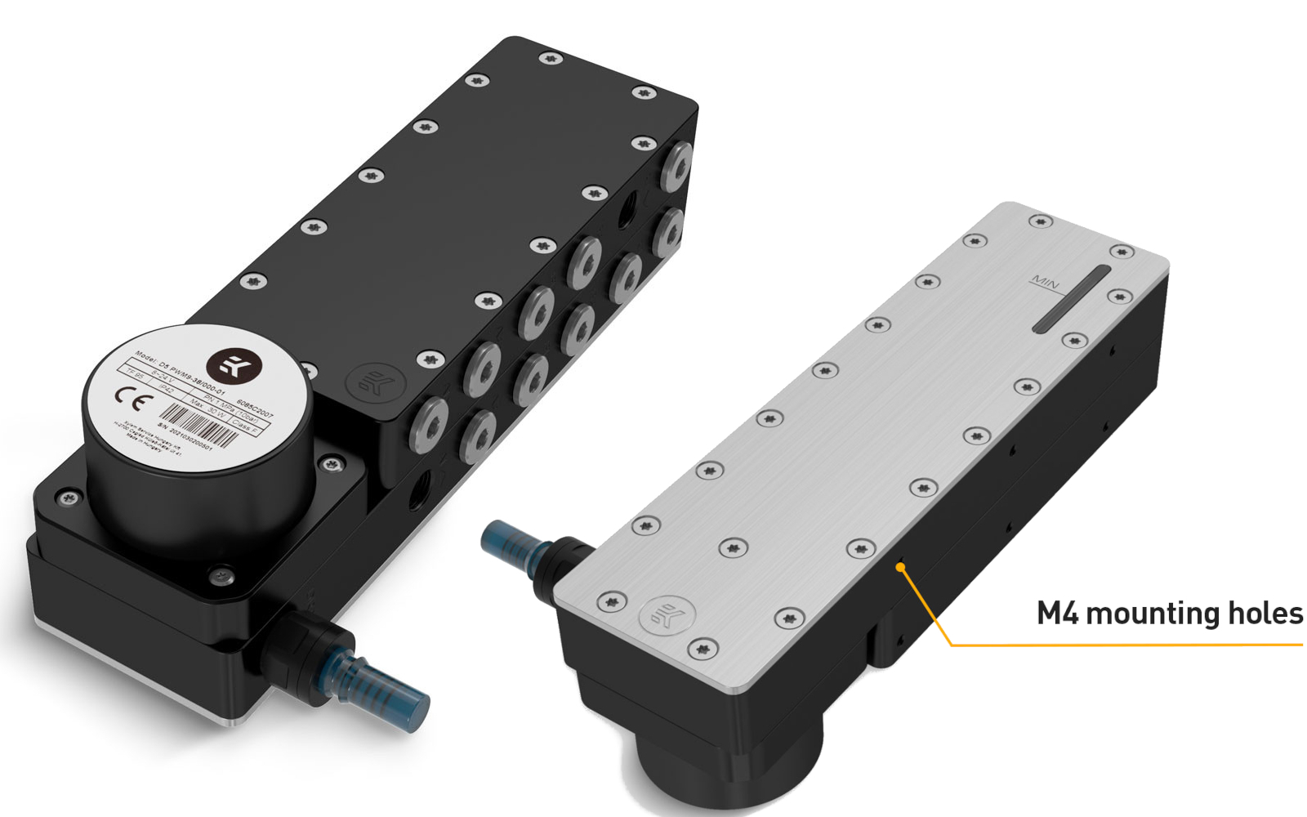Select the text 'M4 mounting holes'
1169,613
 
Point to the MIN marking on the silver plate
1045,283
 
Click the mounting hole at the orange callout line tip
900,565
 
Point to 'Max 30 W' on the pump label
208,408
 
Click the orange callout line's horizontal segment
1127,645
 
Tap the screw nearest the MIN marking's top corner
1041,221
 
